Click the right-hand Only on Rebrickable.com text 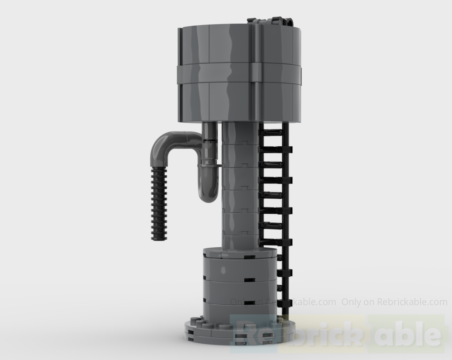394,302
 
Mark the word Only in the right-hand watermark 351,302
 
